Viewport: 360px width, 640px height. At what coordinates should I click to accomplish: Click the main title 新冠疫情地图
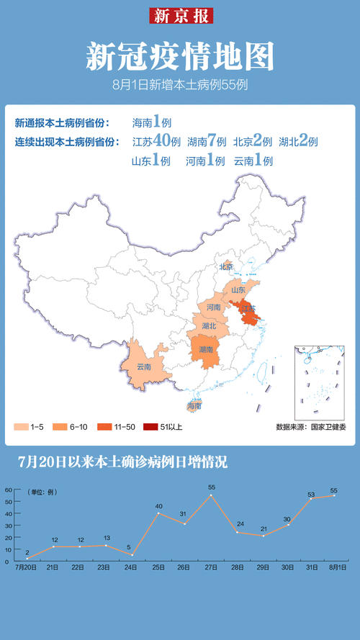tap(180, 56)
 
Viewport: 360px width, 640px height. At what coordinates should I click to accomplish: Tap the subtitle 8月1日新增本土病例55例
tap(180, 85)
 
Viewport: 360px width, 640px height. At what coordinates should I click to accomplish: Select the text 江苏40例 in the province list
tap(156, 141)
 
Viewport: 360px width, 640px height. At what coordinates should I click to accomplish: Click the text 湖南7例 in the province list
tap(207, 142)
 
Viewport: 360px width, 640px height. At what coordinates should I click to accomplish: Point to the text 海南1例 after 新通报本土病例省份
tap(151, 122)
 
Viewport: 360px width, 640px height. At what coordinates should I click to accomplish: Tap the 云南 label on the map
tap(144, 366)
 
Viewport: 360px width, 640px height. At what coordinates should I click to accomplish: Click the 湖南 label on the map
tap(206, 349)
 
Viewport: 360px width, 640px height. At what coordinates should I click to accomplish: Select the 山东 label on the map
tap(238, 290)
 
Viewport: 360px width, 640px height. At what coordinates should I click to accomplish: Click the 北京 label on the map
tap(226, 267)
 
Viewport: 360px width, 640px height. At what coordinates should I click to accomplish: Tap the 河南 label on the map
tap(213, 307)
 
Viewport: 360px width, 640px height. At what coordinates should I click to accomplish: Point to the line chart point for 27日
tap(212, 496)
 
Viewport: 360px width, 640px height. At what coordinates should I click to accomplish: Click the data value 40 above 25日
tap(159, 505)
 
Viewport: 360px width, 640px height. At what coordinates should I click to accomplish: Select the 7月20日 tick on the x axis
tap(27, 568)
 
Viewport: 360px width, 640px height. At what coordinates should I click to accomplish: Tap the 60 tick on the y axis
tap(9, 490)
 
